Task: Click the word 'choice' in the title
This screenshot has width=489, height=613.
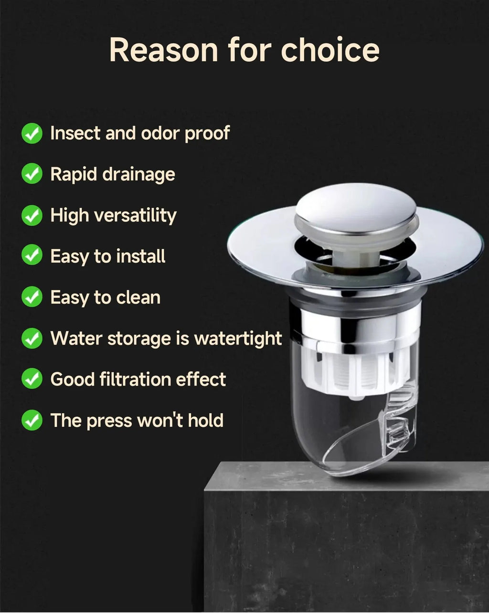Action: click(330, 50)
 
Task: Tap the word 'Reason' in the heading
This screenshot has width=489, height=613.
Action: click(163, 50)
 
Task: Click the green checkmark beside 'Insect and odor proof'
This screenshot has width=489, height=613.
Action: click(32, 134)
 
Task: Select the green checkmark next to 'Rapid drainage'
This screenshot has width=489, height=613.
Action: click(32, 174)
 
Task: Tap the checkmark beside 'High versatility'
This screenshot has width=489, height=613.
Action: click(32, 215)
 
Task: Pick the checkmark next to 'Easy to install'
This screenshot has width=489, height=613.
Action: click(32, 256)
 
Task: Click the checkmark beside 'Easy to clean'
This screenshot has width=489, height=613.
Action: click(32, 297)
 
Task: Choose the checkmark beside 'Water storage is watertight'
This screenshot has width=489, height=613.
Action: click(32, 338)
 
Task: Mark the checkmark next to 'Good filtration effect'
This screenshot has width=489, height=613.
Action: click(32, 380)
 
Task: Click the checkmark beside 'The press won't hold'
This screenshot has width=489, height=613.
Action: click(32, 421)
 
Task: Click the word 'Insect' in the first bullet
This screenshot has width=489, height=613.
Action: click(75, 133)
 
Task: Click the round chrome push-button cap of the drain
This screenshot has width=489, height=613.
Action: click(356, 209)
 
